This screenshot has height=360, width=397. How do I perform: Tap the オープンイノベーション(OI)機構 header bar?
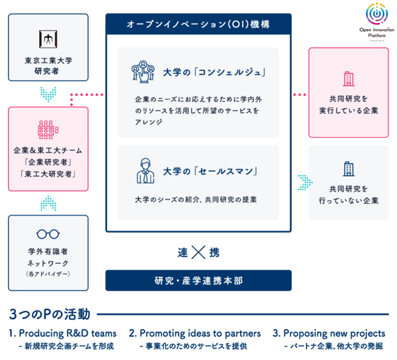(198, 25)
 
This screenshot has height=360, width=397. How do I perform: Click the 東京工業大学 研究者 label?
(48, 66)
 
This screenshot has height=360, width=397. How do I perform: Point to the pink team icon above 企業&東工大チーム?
(48, 129)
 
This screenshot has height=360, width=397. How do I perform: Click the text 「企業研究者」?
(48, 163)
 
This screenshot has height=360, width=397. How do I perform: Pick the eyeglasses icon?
(48, 234)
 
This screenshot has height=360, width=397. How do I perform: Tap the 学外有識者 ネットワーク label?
(48, 256)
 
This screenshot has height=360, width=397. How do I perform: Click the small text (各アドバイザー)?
(48, 274)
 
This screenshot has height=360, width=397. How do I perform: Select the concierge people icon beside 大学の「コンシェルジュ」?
(143, 73)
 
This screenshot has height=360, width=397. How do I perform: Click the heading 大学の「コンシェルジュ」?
(214, 73)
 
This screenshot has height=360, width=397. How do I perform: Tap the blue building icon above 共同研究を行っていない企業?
(348, 168)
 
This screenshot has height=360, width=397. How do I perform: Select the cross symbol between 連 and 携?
(198, 252)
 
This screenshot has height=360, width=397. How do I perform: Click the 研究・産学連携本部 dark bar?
(198, 281)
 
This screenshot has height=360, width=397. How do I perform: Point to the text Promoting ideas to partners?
(195, 333)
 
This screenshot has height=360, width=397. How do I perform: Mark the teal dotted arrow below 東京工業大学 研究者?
(48, 93)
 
